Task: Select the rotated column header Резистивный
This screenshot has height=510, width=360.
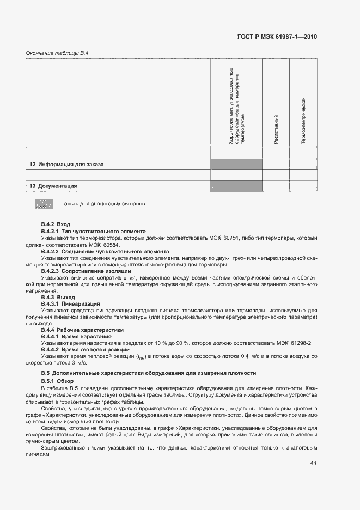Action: point(276,129)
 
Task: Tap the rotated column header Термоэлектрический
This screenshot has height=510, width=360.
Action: point(303,120)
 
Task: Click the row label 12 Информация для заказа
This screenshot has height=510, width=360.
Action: point(66,164)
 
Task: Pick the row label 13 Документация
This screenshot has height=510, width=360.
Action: point(53,186)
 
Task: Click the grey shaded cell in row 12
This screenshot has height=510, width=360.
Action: point(236,164)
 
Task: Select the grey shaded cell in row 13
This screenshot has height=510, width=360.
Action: point(236,186)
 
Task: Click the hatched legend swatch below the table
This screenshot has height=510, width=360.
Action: point(43,204)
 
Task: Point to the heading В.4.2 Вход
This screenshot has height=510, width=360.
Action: point(56,224)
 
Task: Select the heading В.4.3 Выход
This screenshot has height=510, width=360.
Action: point(58,297)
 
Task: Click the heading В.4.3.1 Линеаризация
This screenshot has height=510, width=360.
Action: point(71,303)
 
